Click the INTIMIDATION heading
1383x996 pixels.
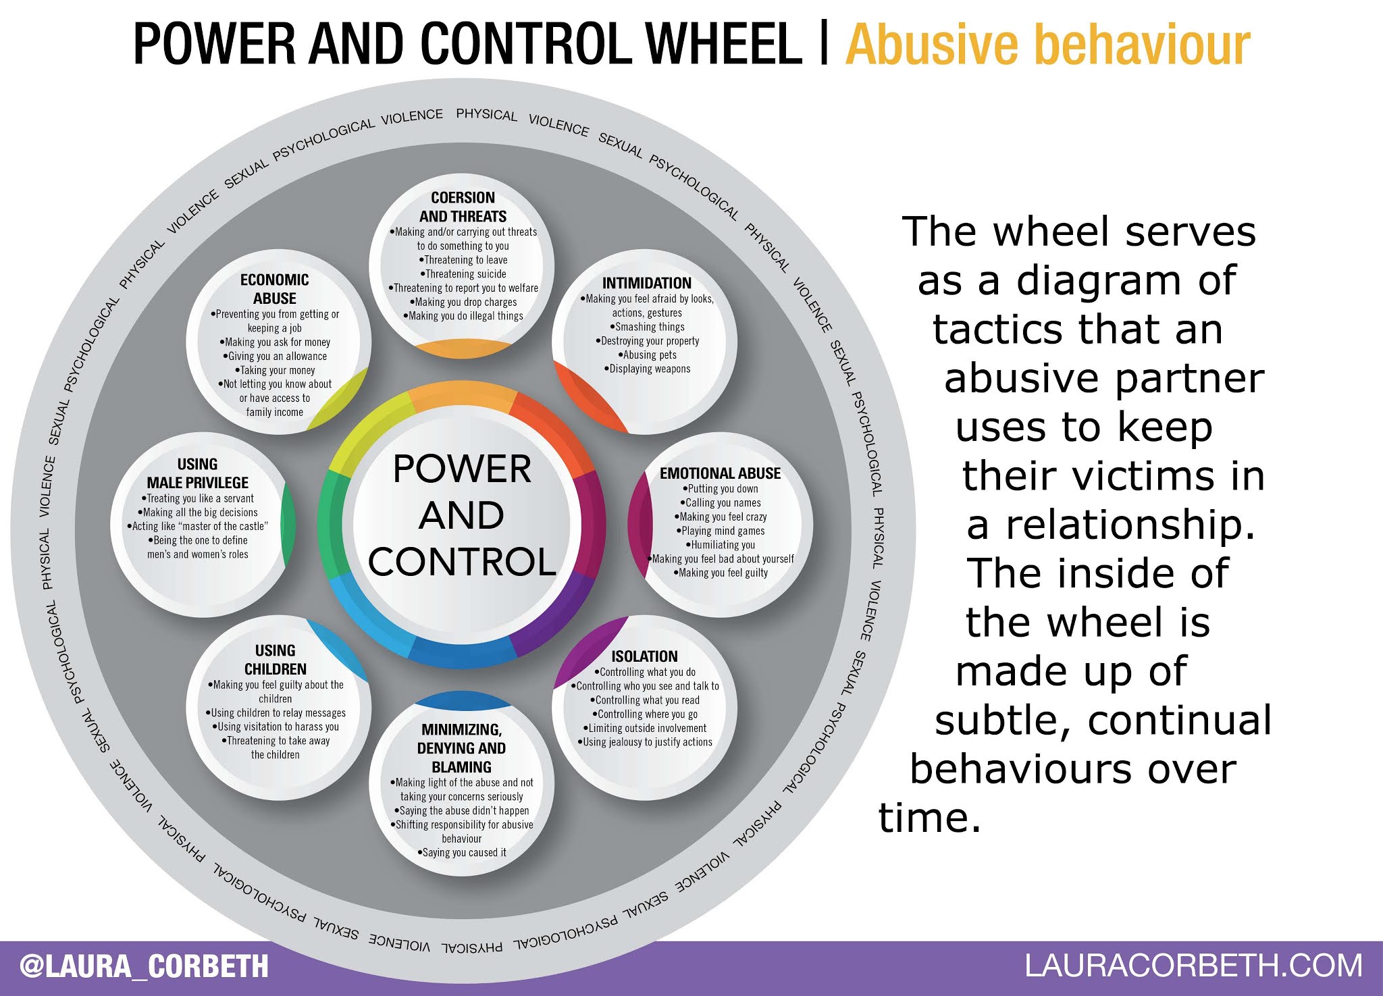(x=646, y=283)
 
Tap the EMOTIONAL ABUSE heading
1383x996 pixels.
(x=720, y=473)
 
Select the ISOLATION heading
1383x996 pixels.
(x=644, y=656)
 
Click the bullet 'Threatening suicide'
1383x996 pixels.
(x=464, y=274)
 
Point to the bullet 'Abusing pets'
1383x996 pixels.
(x=648, y=355)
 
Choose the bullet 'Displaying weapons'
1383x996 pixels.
(x=648, y=369)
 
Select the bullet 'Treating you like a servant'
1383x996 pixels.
(x=199, y=498)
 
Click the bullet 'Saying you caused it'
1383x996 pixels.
(x=463, y=853)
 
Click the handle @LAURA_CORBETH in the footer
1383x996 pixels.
(x=144, y=966)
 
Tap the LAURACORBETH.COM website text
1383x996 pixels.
(x=1193, y=966)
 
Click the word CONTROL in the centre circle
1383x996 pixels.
(x=462, y=562)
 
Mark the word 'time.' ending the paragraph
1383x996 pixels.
(x=929, y=817)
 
